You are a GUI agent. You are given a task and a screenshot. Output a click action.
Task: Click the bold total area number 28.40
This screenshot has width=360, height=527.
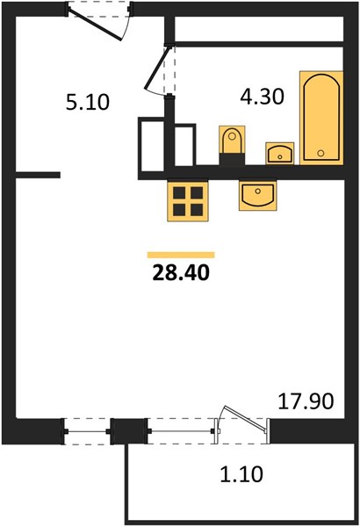coord(181,272)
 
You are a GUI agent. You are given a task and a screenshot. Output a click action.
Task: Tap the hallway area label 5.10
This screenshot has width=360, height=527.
coord(88,103)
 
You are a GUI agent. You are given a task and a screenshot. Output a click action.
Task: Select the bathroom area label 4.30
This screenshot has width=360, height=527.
coord(263,97)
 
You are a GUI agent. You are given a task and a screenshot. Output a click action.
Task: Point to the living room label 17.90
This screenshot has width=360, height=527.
coord(306,401)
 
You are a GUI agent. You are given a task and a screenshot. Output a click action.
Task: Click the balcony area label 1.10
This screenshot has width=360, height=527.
coord(241,474)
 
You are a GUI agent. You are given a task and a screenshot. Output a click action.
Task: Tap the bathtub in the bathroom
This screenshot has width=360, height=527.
coord(321,118)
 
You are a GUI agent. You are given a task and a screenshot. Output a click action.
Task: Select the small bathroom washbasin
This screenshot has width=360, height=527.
coord(280,154)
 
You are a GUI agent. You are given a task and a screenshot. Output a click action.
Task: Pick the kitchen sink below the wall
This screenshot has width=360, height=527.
coord(258,196)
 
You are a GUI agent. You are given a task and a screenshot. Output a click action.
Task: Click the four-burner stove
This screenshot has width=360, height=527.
coord(188,201)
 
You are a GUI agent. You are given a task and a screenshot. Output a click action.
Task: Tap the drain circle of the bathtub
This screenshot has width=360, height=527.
coord(320,153)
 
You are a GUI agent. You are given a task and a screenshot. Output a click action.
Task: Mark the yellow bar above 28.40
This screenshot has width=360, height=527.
coord(181,255)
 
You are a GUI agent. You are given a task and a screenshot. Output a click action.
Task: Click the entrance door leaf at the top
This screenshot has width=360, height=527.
coord(95,25)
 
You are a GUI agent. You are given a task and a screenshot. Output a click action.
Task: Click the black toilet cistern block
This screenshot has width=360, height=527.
coord(232,159)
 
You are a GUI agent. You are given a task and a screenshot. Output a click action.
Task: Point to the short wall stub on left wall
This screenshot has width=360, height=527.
coord(38,175)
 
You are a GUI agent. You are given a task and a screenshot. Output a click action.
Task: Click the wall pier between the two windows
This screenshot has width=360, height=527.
coord(129,431)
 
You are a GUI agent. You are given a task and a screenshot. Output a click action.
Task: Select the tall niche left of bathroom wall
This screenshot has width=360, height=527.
coord(151,145)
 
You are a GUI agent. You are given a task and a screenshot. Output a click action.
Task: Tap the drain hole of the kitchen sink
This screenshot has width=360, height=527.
coord(258,191)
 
